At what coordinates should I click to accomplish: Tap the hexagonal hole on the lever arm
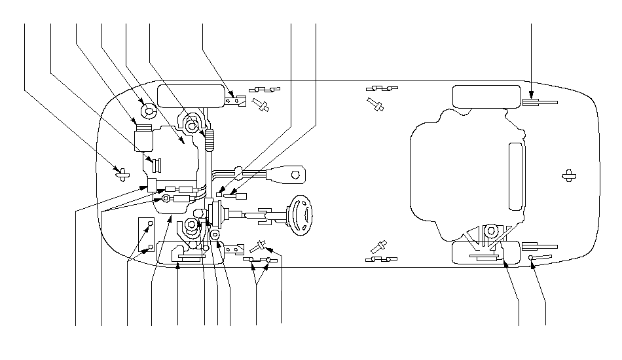point(295,175)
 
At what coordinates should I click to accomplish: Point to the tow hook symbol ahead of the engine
point(121,173)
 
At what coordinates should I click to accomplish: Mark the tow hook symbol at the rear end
point(568,175)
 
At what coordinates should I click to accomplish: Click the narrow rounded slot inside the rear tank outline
point(516,177)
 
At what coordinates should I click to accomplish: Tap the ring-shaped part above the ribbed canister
point(146,110)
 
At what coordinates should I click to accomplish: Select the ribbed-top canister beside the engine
point(143,137)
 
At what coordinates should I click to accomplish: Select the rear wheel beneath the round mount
point(485,252)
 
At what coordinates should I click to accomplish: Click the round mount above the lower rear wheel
point(490,230)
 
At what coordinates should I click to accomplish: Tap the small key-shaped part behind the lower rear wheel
point(538,259)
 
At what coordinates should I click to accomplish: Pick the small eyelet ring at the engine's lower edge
point(166,198)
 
